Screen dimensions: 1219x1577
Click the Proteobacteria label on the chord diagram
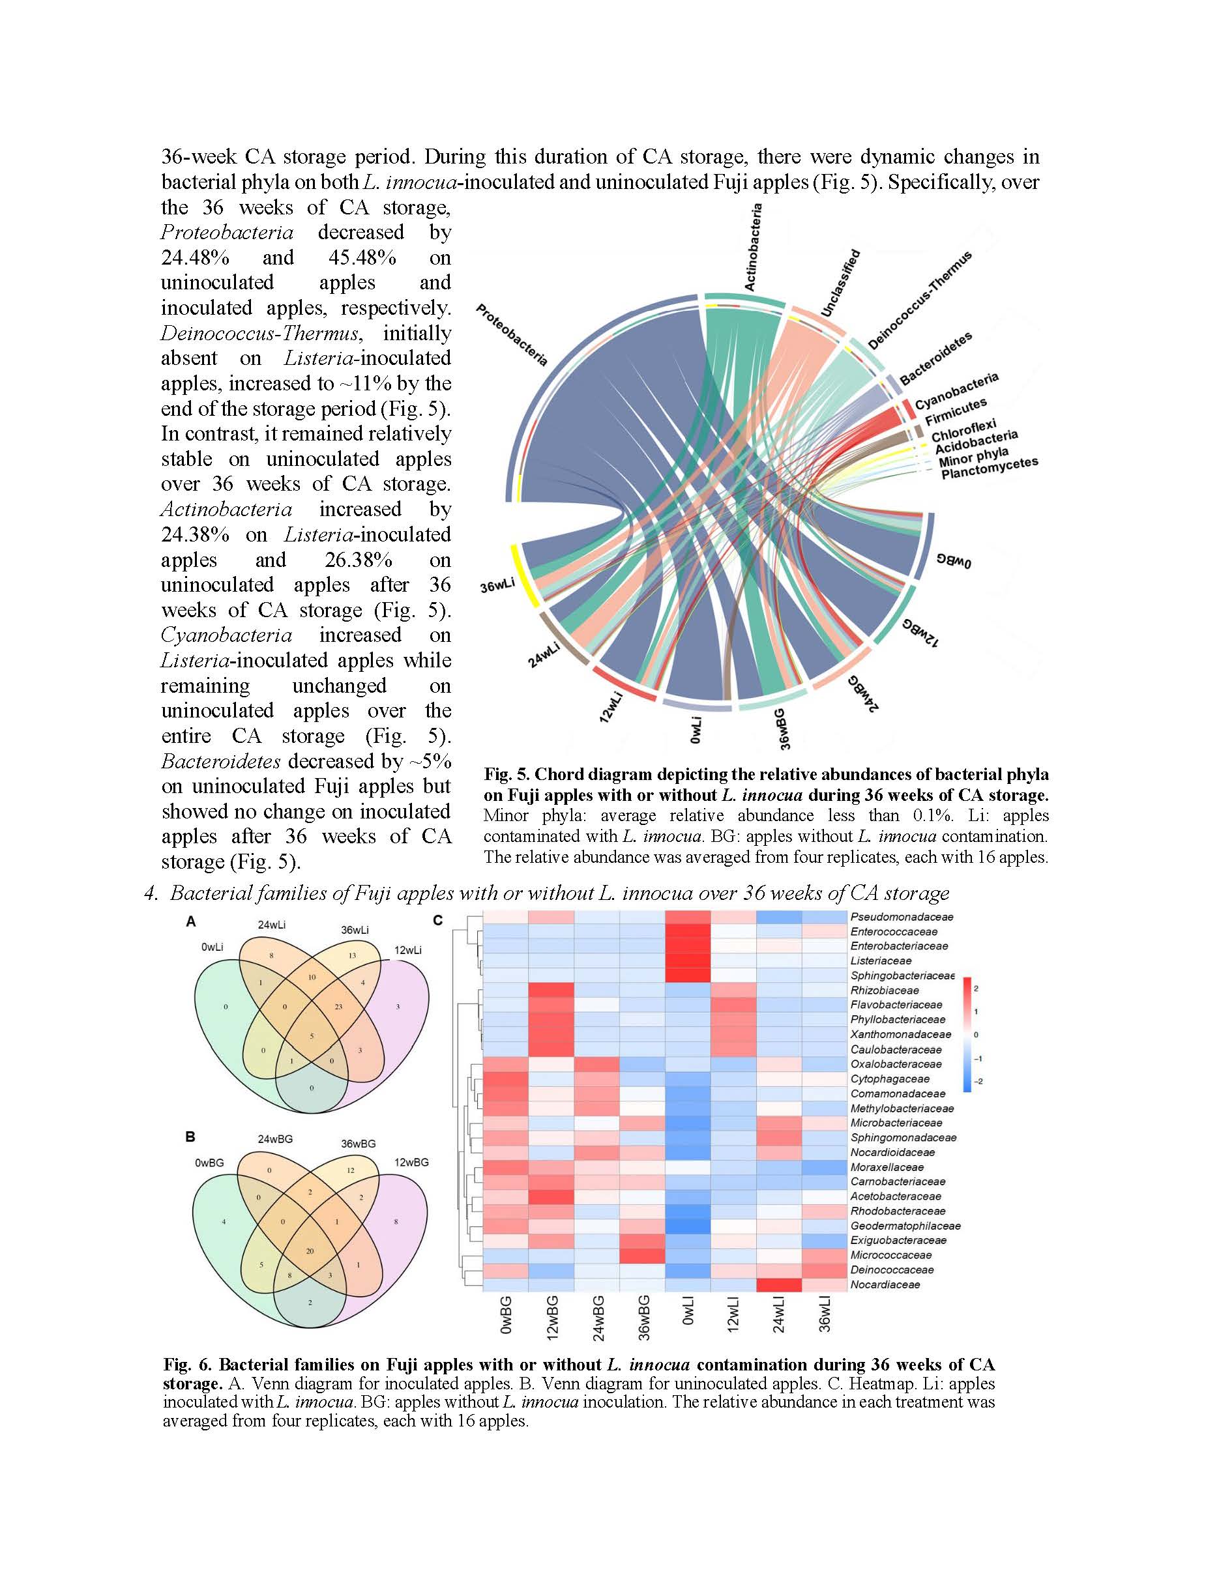click(x=512, y=335)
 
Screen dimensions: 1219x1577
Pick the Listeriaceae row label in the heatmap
click(x=881, y=961)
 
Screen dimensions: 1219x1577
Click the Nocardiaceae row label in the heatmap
click(x=885, y=1284)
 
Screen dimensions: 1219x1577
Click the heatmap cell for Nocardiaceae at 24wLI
click(x=778, y=1284)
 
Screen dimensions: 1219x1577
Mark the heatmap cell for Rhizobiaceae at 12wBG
click(x=551, y=990)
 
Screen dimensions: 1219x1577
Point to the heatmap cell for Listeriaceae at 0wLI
click(x=688, y=961)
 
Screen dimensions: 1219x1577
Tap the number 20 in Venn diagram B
click(x=310, y=1251)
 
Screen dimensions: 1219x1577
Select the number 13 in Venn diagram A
click(x=352, y=956)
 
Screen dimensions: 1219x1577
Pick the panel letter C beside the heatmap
click(x=437, y=921)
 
